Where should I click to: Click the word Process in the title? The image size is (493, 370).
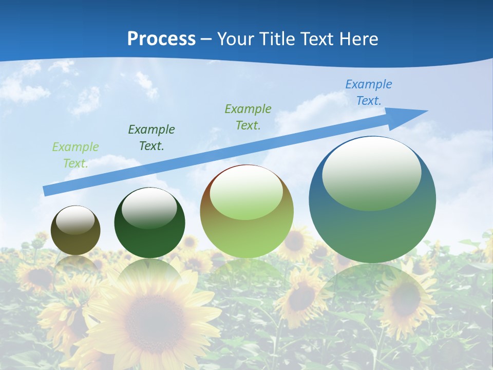pyautogui.click(x=161, y=39)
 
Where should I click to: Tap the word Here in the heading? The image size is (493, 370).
pyautogui.click(x=358, y=39)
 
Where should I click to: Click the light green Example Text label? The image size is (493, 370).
pyautogui.click(x=75, y=155)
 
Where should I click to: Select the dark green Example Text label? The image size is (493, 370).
pyautogui.click(x=151, y=137)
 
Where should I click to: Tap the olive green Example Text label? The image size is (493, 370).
pyautogui.click(x=248, y=117)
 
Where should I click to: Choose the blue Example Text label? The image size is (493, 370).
pyautogui.click(x=369, y=92)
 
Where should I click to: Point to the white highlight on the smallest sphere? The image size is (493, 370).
pyautogui.click(x=75, y=220)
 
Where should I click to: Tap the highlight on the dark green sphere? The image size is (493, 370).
pyautogui.click(x=149, y=208)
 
